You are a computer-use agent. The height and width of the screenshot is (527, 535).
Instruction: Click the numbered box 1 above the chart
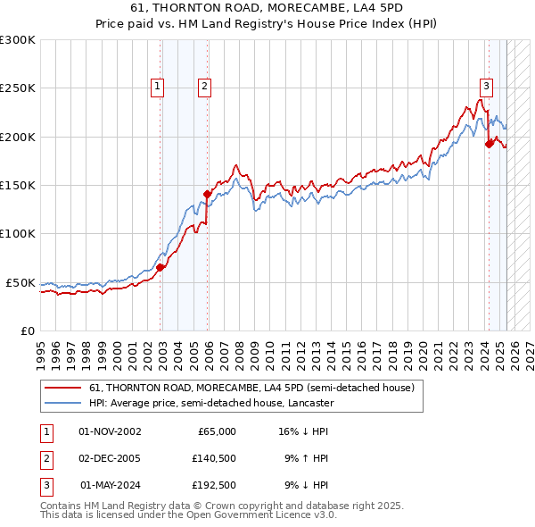(157, 87)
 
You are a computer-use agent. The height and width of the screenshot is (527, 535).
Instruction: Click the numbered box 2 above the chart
(204, 87)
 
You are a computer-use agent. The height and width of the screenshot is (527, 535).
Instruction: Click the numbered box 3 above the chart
(486, 87)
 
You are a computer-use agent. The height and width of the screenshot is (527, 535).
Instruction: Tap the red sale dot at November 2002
(160, 266)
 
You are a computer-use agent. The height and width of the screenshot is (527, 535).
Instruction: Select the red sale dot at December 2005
(207, 193)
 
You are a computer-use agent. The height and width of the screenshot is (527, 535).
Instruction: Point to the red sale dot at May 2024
(488, 143)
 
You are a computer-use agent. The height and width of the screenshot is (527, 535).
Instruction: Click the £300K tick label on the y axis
(18, 40)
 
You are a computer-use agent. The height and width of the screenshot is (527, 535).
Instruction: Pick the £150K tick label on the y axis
(18, 186)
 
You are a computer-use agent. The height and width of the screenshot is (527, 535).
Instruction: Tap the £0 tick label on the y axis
(27, 330)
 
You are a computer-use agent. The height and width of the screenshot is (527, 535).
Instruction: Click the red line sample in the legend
(63, 389)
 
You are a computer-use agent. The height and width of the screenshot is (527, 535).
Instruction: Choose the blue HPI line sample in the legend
(63, 403)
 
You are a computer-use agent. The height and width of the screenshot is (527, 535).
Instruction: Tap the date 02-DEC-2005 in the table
(110, 458)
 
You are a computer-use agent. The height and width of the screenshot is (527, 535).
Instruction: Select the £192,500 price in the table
(214, 485)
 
